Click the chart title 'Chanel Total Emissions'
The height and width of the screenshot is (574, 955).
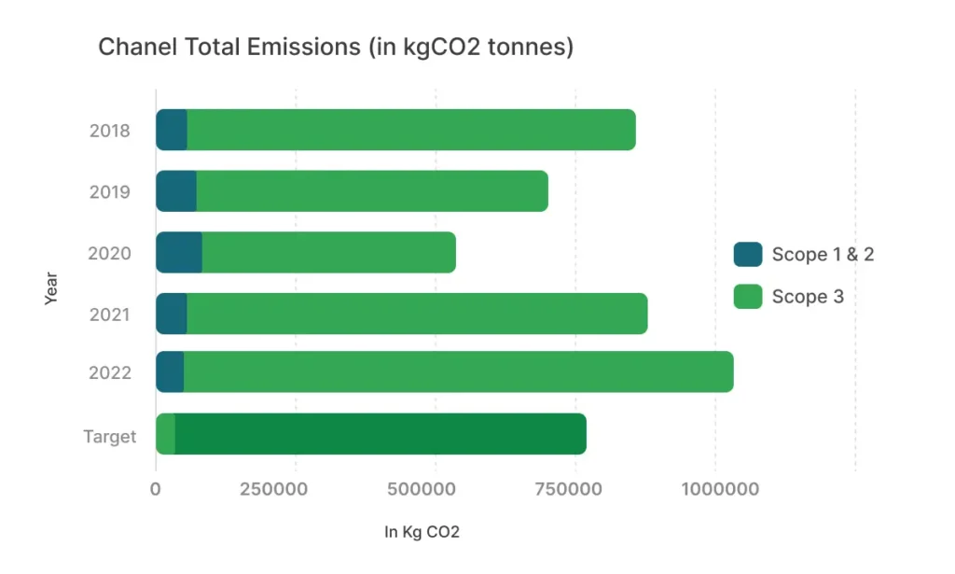[335, 47]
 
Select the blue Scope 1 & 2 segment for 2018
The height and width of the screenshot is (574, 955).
[172, 130]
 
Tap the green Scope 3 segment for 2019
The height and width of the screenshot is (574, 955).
[371, 191]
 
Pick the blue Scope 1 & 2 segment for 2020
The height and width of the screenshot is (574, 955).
[178, 252]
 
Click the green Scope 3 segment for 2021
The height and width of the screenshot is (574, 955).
[416, 314]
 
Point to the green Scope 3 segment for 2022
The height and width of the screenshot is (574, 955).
[458, 371]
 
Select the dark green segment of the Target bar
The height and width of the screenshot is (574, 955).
[381, 434]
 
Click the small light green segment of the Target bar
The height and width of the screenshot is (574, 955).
[165, 434]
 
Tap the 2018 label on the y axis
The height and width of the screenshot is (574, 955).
[109, 131]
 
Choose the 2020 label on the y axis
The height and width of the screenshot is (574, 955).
[109, 253]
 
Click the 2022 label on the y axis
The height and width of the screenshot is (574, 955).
[109, 372]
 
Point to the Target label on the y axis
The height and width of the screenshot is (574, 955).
[109, 436]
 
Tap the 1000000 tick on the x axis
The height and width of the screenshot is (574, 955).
[719, 488]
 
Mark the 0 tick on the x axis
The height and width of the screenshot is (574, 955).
[156, 488]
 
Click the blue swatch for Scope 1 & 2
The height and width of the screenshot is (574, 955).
[748, 254]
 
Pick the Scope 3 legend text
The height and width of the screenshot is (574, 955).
[808, 297]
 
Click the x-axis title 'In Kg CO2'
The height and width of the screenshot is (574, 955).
[422, 533]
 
